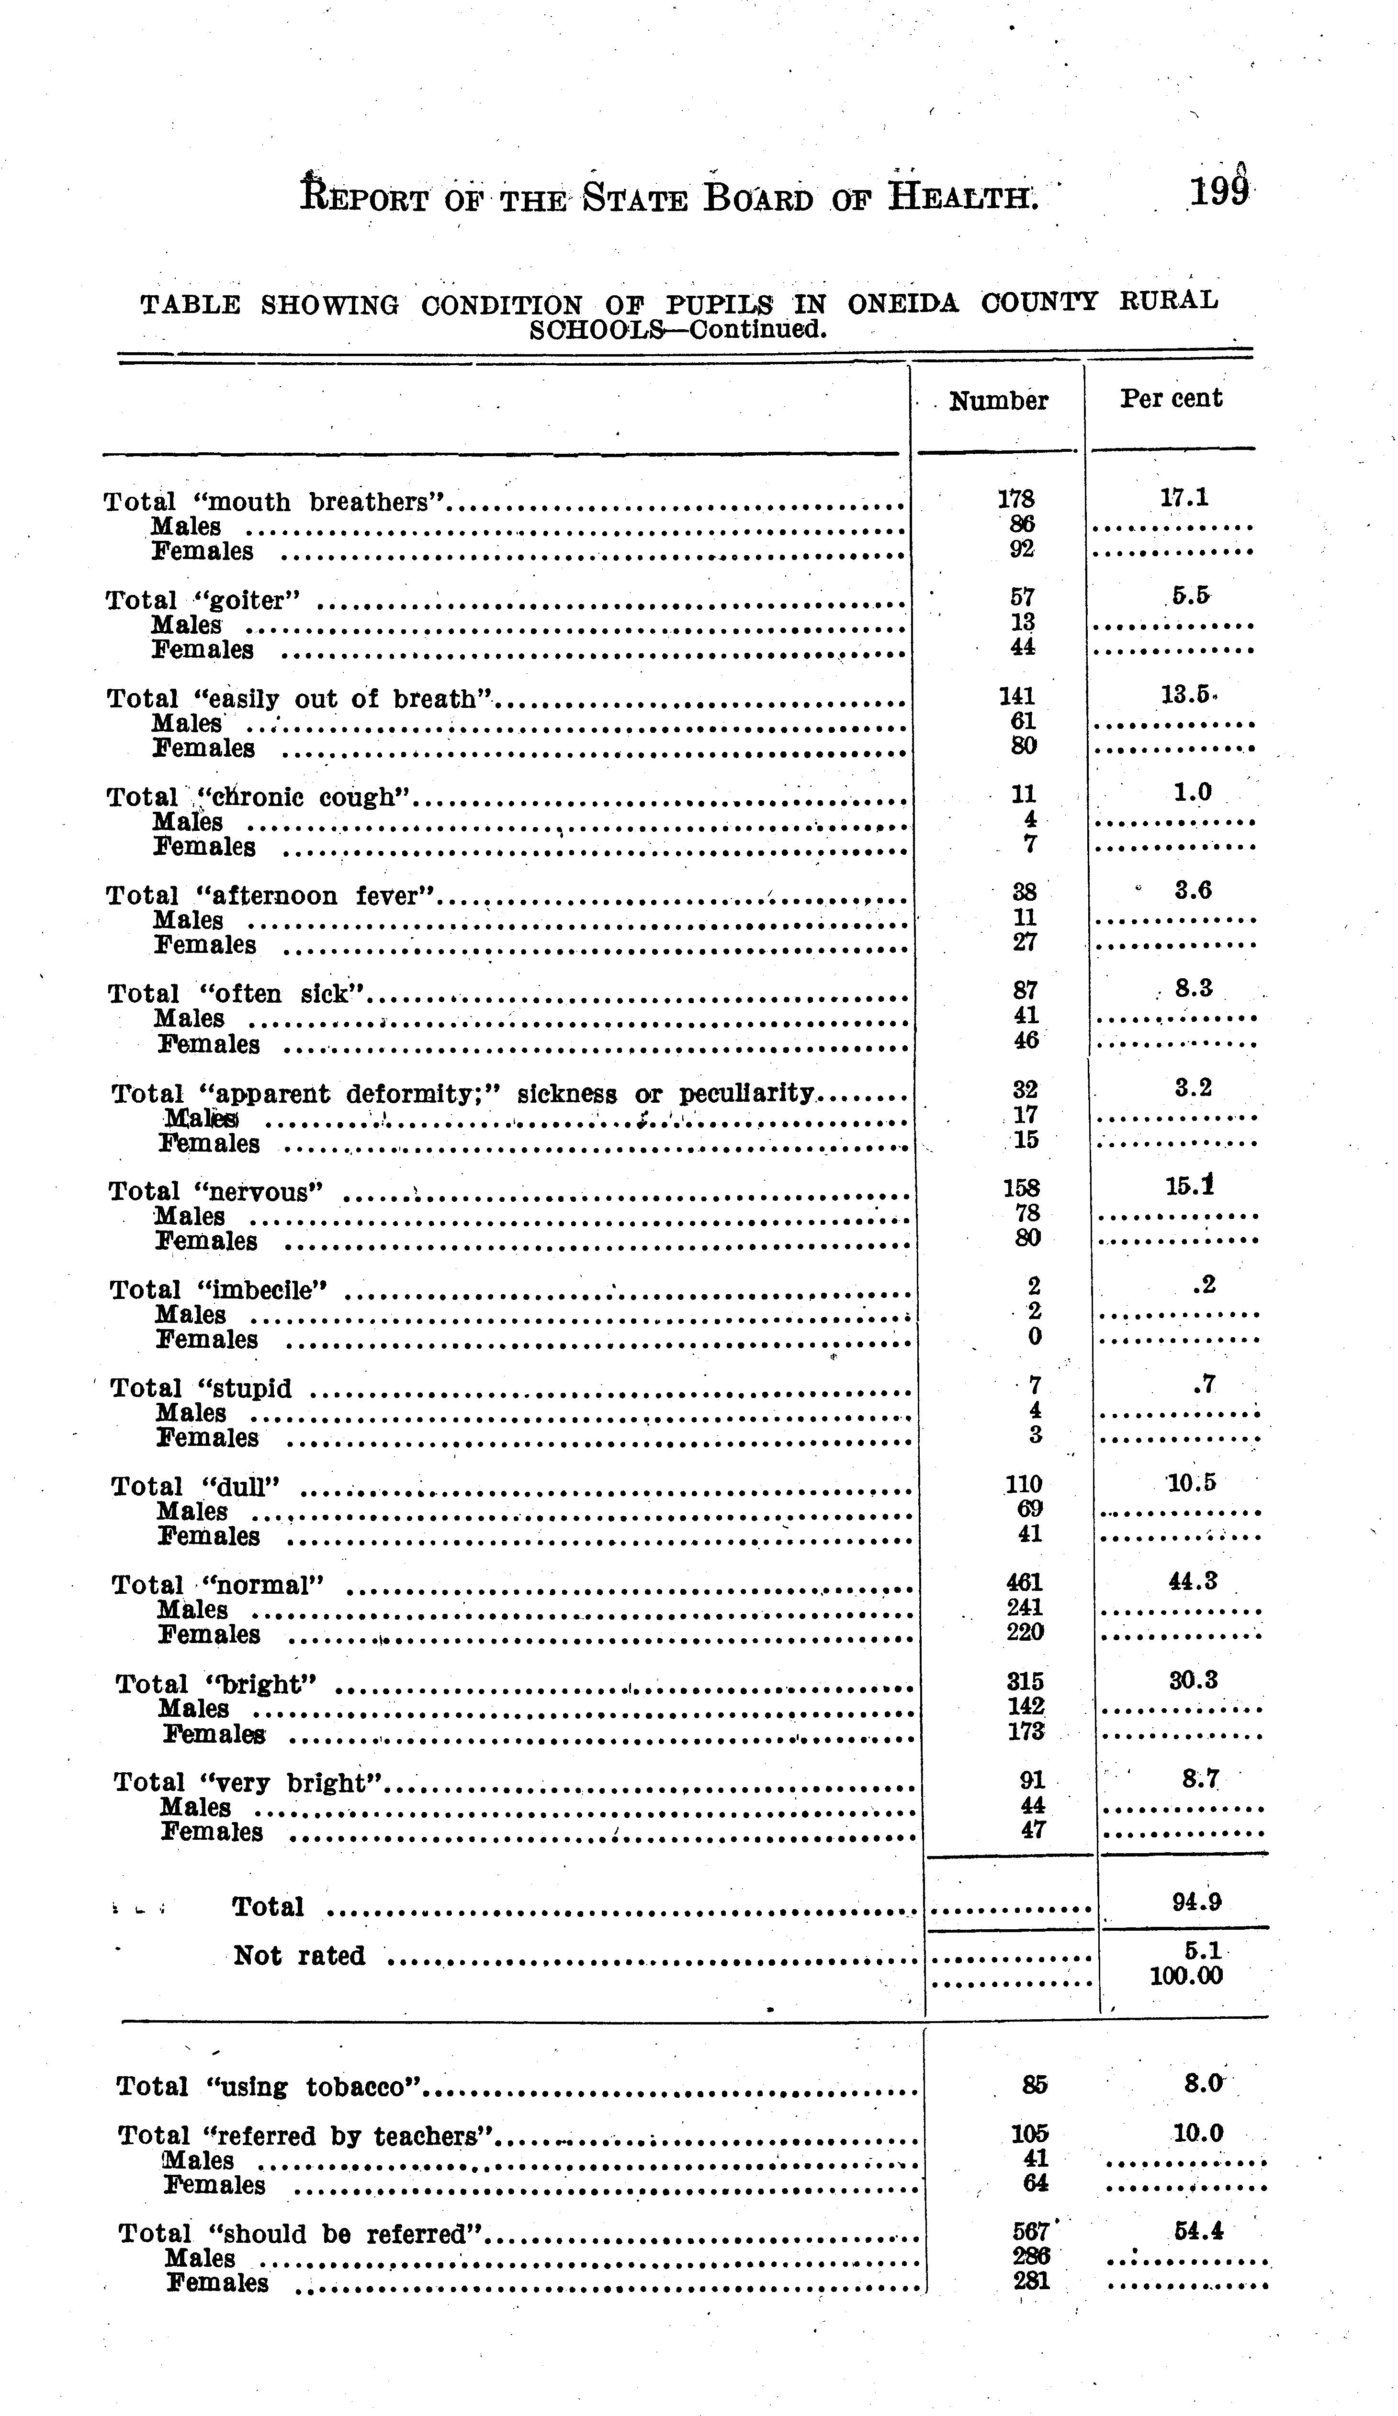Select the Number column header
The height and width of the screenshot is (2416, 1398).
[998, 401]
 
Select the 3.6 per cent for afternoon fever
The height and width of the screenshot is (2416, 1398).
[1193, 891]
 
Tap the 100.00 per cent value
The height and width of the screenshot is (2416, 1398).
[1186, 1976]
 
